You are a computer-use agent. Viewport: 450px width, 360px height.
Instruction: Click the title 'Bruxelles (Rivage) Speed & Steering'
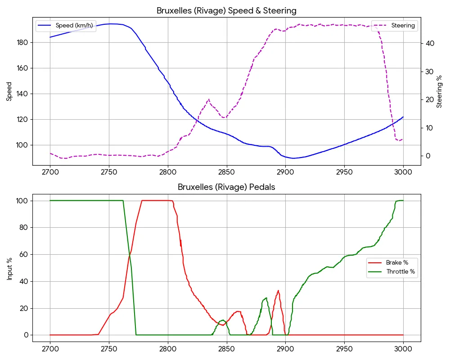point(226,10)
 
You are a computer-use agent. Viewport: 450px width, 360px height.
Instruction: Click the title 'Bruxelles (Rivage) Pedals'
point(226,187)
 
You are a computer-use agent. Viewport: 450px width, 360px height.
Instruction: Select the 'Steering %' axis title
point(439,91)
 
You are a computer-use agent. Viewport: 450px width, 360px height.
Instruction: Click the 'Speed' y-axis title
point(9,91)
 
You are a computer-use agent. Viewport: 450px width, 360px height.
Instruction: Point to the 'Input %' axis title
point(9,268)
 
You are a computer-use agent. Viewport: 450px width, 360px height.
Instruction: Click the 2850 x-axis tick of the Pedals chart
point(226,349)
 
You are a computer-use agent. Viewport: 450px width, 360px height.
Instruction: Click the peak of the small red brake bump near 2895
point(279,291)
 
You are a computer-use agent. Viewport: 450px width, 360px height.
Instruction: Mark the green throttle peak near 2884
point(266,298)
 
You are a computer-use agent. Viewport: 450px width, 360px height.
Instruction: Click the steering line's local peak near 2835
point(208,99)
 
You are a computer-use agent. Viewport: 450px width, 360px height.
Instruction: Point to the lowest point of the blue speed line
point(293,158)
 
